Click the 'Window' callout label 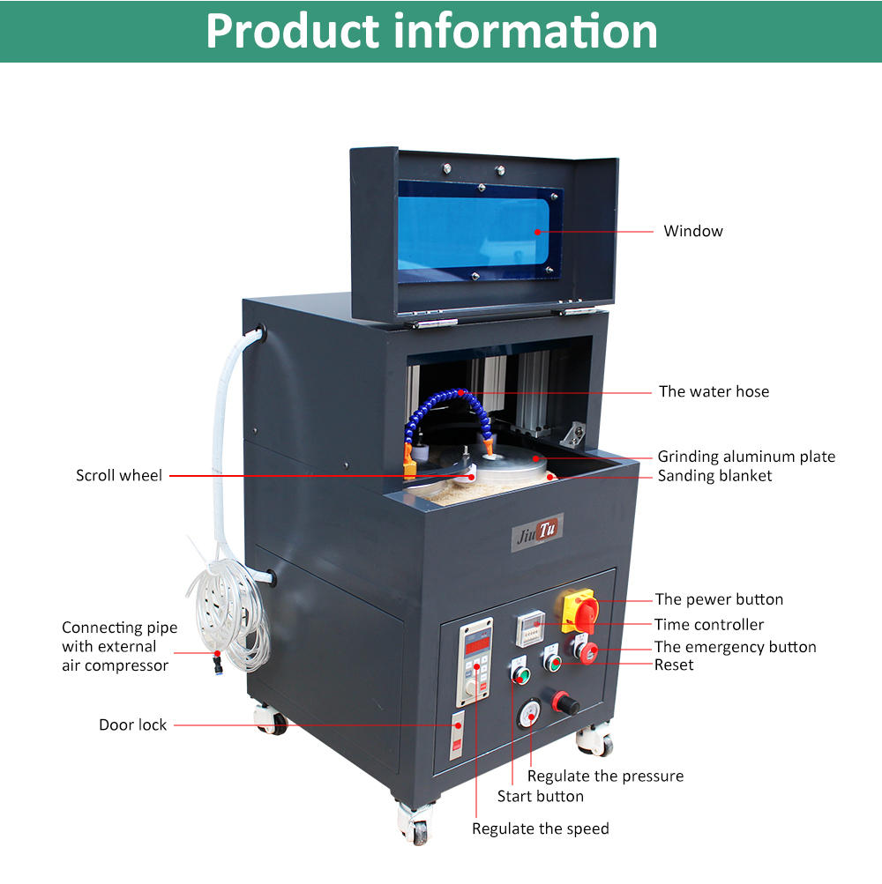click(x=693, y=231)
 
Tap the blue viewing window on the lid click(x=477, y=232)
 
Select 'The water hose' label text click(x=714, y=391)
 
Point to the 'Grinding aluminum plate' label click(x=746, y=457)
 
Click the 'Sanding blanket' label click(x=714, y=476)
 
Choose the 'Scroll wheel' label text click(x=119, y=476)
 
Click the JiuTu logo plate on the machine click(x=537, y=531)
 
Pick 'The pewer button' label click(x=719, y=599)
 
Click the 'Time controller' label click(x=709, y=625)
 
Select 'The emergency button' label click(x=736, y=647)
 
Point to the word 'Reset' click(x=674, y=665)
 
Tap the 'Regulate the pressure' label click(x=605, y=776)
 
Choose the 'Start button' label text click(x=540, y=797)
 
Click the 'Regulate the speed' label click(x=540, y=828)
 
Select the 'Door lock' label click(x=132, y=725)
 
